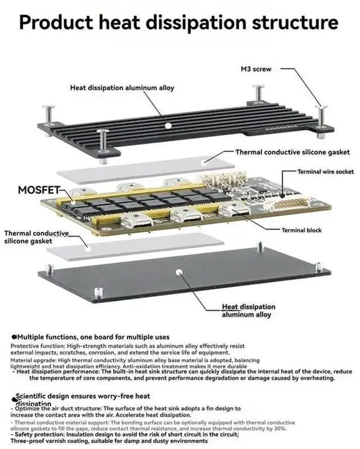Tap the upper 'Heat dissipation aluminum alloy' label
[122, 88]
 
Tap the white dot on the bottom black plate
[179, 271]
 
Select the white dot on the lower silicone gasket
[88, 246]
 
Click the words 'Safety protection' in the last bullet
[38, 433]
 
